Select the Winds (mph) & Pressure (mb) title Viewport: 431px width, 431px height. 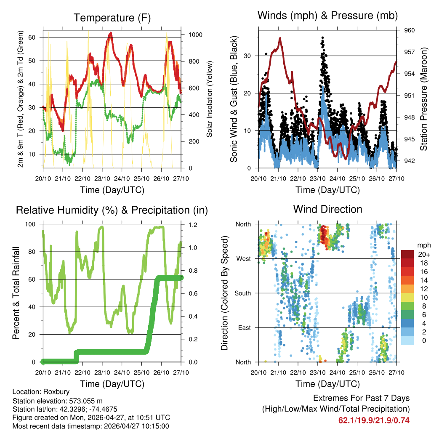328,16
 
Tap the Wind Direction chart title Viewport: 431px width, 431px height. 327,209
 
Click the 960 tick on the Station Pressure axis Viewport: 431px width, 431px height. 410,30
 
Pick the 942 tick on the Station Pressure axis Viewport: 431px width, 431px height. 410,160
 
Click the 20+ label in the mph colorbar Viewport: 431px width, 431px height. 423,254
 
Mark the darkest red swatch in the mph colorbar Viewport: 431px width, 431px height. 407,254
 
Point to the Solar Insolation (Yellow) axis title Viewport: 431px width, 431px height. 209,99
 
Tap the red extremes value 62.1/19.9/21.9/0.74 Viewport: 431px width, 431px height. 374,420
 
